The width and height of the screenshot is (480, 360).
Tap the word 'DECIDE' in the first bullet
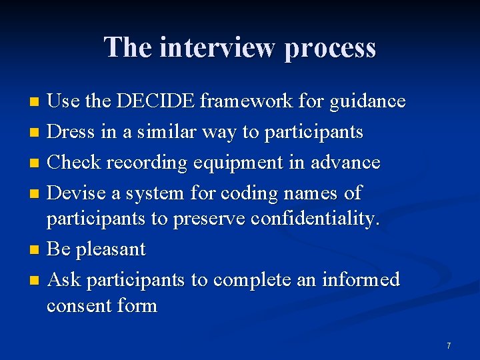tap(157, 101)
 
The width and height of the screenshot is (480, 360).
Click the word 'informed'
tap(360, 279)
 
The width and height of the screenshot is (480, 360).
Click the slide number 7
tap(449, 346)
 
